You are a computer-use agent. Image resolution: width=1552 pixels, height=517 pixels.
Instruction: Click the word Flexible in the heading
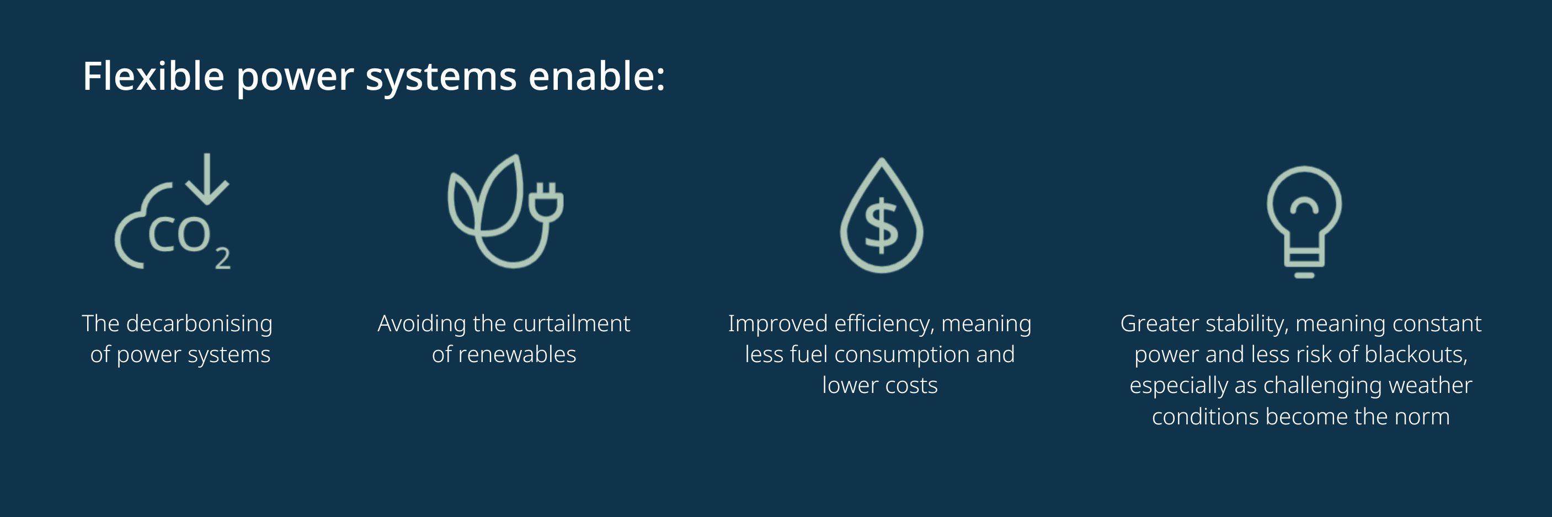153,76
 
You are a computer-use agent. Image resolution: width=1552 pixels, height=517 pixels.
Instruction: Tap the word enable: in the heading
596,76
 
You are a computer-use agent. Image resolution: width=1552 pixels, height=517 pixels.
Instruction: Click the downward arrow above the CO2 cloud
207,179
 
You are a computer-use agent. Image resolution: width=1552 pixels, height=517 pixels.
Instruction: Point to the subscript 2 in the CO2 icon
223,258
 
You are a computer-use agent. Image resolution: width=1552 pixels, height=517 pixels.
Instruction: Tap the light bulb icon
1304,222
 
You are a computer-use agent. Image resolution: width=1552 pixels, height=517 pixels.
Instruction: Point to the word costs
911,386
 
